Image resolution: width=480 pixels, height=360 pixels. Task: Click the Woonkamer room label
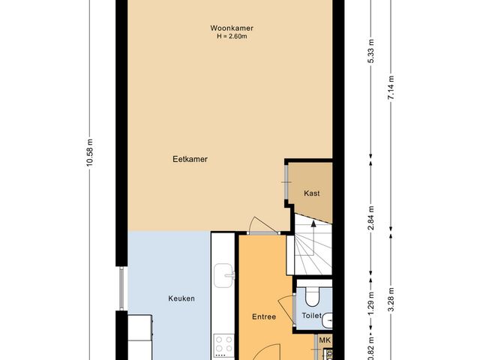[232, 28]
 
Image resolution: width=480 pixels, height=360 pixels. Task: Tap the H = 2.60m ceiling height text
[232, 37]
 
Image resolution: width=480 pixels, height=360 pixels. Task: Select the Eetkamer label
[190, 159]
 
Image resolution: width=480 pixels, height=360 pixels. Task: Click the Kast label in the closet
[312, 193]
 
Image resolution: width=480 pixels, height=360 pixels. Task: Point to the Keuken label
[181, 298]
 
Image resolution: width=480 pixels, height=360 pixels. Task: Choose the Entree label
[264, 316]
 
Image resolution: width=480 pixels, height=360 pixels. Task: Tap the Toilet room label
[312, 316]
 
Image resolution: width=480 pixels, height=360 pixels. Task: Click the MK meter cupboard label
[325, 340]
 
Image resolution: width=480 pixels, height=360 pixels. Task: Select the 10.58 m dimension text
[89, 153]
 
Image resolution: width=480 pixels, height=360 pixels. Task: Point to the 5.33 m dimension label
[371, 51]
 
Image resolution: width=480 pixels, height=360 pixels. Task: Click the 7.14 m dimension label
[391, 87]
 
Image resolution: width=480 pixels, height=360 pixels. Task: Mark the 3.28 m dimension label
[391, 300]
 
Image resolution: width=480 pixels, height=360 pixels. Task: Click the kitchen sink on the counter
[223, 275]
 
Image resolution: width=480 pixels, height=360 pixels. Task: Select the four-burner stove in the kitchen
[223, 346]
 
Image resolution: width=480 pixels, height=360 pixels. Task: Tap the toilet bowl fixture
[312, 296]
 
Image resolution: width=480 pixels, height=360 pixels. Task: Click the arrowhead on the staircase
[313, 223]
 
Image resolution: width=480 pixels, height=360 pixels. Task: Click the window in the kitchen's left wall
[121, 288]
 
